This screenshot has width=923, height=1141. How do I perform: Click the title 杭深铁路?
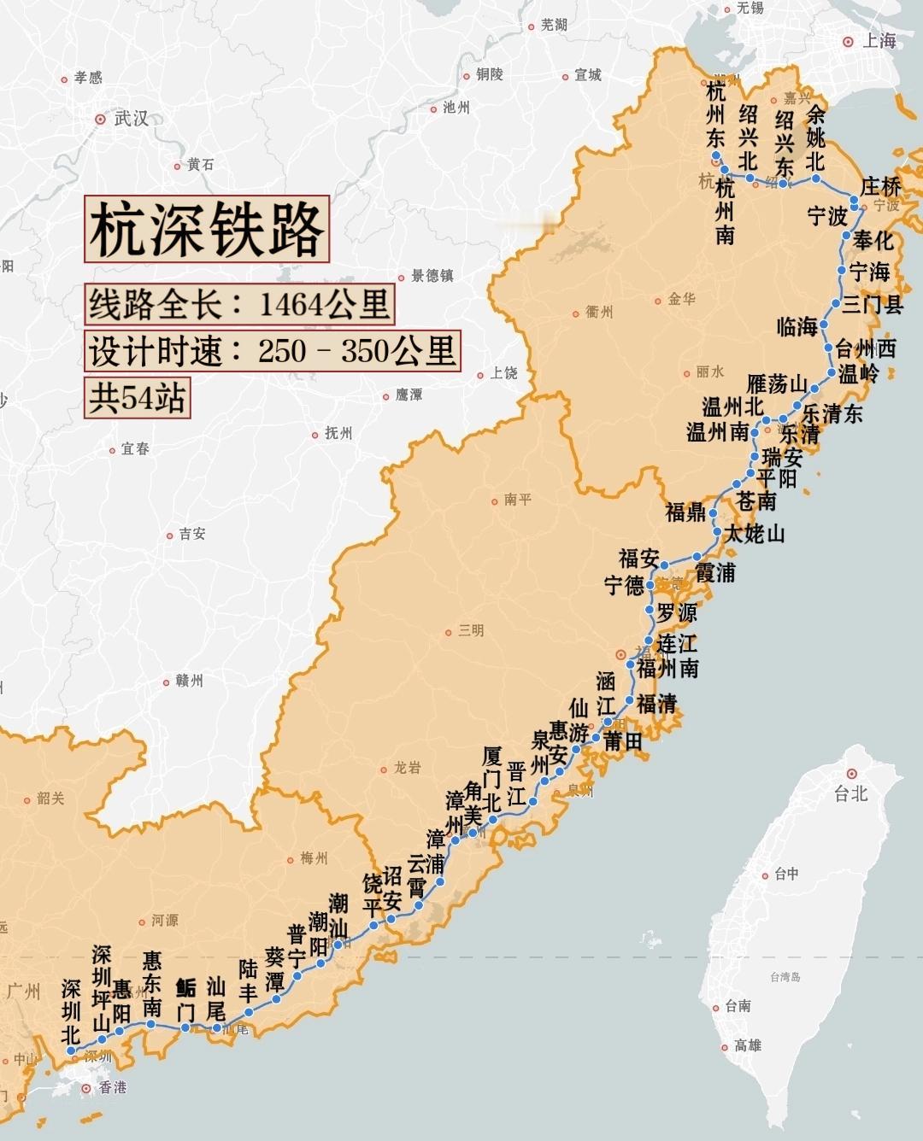click(x=207, y=229)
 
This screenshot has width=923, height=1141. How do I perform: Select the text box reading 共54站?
click(x=137, y=398)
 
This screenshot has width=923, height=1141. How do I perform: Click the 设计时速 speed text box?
click(x=273, y=351)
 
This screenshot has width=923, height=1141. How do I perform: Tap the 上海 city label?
click(x=878, y=41)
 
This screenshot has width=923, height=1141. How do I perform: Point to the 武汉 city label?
click(x=130, y=119)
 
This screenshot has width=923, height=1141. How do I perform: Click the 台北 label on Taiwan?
click(x=850, y=793)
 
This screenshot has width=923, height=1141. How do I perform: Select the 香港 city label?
click(x=112, y=1087)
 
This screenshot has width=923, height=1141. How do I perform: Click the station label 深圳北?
click(x=71, y=1011)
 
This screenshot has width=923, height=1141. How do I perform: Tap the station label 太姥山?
click(x=754, y=535)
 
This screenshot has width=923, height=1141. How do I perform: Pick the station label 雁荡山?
click(x=777, y=384)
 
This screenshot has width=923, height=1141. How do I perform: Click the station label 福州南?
click(x=667, y=669)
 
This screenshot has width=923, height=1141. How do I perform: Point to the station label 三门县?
click(x=873, y=305)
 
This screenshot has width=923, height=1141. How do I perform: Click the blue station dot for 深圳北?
click(x=71, y=1051)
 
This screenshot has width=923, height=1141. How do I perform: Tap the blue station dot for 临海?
click(x=824, y=325)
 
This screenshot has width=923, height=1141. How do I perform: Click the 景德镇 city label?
click(x=432, y=276)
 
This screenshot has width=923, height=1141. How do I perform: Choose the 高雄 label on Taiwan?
click(x=747, y=1045)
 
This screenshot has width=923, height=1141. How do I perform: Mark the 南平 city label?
click(x=517, y=500)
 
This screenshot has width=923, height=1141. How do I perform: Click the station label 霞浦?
click(x=714, y=572)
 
